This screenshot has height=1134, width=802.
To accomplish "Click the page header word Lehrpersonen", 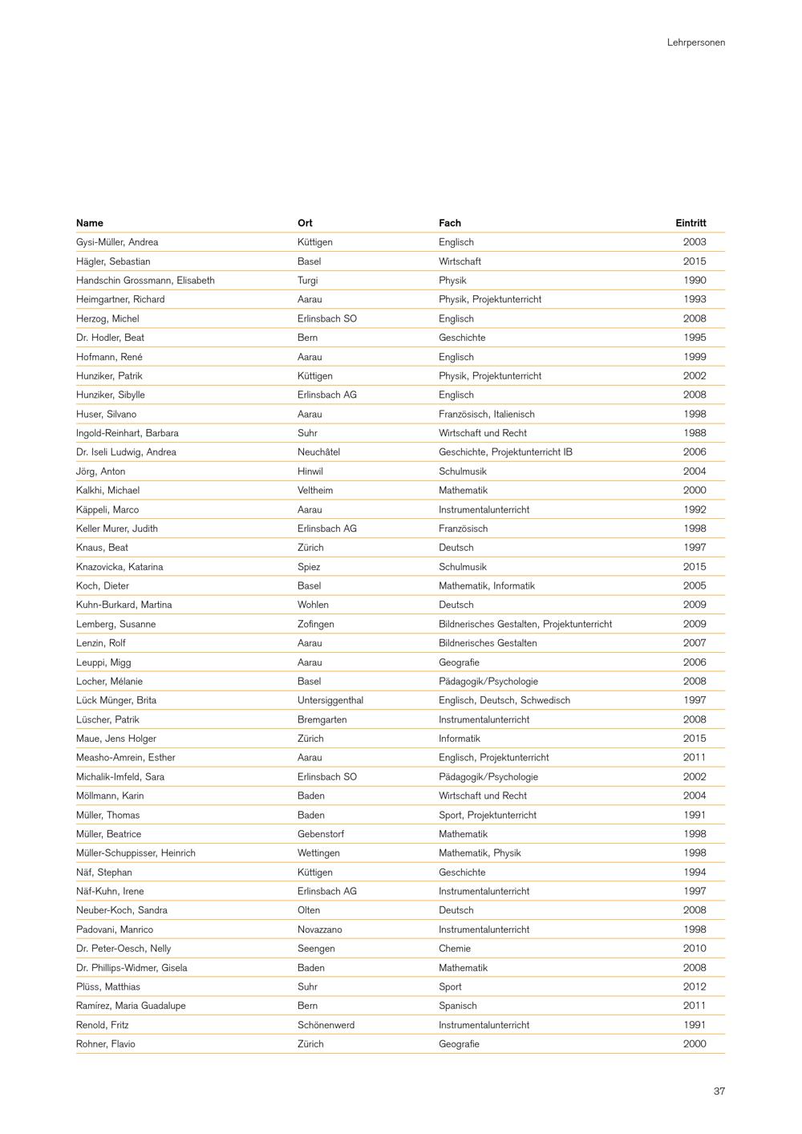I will pos(695,43).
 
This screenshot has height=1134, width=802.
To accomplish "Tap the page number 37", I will pos(719,1091).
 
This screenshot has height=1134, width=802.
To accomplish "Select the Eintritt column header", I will pos(691,223).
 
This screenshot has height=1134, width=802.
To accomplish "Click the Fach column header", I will pos(449,223).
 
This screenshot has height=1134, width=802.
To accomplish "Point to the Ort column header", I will pos(305,223).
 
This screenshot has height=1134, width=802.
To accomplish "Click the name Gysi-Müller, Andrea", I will pos(117,242).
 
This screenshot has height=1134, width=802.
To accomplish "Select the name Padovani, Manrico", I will pos(115,929).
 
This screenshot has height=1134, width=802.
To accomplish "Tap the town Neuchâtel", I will pos(318,452).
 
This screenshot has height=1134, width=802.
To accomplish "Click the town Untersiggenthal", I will pos(330,700).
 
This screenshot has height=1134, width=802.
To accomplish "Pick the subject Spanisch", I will pos(457,1006).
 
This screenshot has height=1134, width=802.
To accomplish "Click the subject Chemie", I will pos(454,949).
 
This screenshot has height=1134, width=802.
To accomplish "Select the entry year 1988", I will pos(695,433).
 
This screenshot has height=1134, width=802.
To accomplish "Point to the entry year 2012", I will pos(695,986).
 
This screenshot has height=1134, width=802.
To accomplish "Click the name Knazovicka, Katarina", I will pos(119,567).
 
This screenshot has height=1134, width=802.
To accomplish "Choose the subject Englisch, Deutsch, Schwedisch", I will pos(504,700).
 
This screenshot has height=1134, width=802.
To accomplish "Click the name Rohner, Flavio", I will pos(106,1044).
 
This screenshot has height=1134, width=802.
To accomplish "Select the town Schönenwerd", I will pos(326,1025).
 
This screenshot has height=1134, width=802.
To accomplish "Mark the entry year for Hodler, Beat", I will pos(695,338).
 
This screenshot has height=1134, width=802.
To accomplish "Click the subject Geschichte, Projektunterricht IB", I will pos(505,452).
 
